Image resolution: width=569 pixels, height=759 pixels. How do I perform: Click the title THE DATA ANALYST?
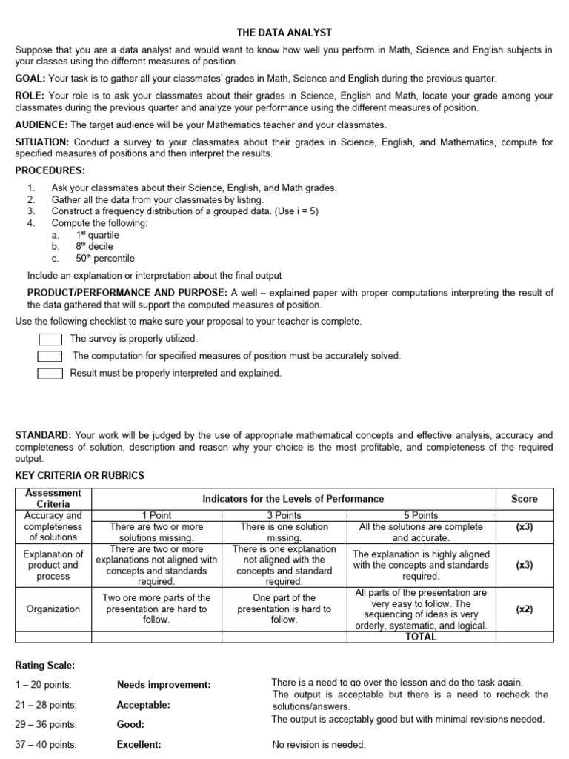(x=284, y=33)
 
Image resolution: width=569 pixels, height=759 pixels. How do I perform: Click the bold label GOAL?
(x=30, y=79)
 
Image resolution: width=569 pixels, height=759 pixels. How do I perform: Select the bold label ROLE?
(x=30, y=96)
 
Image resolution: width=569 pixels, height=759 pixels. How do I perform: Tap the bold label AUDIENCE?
(x=41, y=125)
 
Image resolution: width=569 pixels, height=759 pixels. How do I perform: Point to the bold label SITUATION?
(x=41, y=142)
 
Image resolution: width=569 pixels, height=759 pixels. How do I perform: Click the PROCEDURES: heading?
(x=50, y=171)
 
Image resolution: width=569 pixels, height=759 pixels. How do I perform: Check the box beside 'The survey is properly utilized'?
(x=50, y=339)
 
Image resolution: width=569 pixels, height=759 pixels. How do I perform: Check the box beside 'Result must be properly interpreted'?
(x=50, y=374)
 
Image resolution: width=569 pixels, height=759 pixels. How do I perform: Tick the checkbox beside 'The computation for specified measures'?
(x=50, y=356)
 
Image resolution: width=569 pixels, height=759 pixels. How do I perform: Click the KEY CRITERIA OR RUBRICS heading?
(x=80, y=475)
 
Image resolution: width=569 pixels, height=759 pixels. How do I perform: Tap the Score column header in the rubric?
(x=525, y=499)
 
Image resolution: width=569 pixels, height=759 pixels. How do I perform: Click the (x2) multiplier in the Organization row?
(x=525, y=609)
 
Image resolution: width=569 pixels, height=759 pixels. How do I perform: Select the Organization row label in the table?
(x=53, y=609)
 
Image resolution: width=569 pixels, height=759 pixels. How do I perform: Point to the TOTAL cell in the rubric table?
(x=421, y=637)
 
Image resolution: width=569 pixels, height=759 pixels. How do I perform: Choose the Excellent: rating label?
(x=139, y=745)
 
